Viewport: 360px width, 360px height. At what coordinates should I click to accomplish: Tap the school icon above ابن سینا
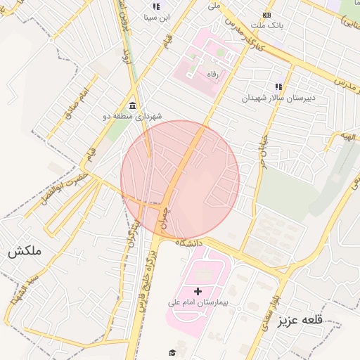(155, 6)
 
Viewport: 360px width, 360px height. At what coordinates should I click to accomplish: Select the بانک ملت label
(266, 25)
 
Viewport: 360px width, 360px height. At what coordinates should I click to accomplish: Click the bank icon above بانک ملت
(266, 14)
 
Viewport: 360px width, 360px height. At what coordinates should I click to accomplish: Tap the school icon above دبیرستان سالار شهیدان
(279, 86)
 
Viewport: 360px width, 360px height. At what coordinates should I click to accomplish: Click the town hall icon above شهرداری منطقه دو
(133, 105)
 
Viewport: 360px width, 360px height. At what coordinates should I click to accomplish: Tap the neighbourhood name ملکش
(25, 251)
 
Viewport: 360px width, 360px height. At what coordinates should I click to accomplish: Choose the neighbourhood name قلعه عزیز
(300, 321)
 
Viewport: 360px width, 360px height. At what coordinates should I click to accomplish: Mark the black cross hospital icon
(198, 290)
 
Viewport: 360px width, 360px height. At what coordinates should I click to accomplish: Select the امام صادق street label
(77, 103)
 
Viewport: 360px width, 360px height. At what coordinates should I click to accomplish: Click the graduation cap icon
(172, 352)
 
